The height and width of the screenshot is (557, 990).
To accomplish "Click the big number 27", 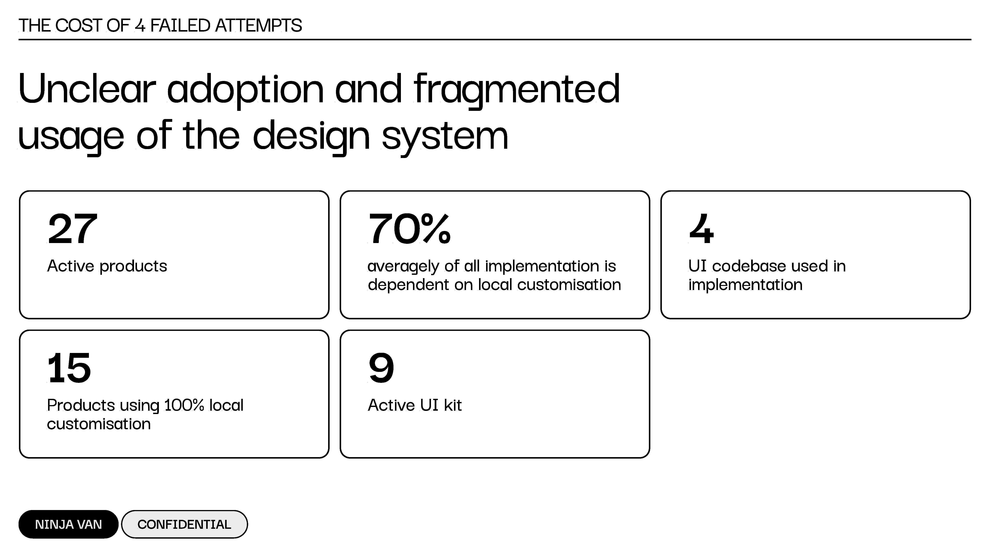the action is click(73, 229).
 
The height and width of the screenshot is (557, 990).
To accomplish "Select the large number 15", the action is click(69, 368).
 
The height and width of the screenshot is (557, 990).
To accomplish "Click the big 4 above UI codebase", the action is click(701, 229).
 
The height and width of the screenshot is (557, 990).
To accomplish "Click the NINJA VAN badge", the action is click(68, 524).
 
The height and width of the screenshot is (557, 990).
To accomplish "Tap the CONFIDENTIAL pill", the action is click(184, 524).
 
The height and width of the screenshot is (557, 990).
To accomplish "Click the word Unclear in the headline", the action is click(87, 89).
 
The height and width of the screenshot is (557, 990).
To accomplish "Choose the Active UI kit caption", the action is click(415, 405).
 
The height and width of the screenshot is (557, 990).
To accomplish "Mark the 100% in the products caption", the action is click(184, 405).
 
